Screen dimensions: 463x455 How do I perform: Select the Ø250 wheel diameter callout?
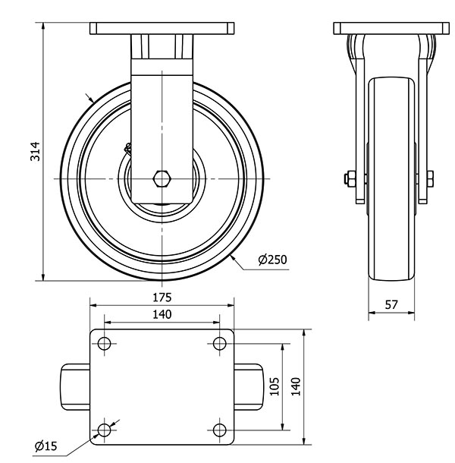coord(272,260)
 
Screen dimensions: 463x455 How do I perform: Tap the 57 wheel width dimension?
coord(391,304)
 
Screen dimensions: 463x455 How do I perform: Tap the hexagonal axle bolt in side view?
coord(162,179)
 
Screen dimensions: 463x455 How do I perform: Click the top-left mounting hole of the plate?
coord(104,344)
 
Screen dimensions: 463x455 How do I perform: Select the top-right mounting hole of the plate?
coord(220,344)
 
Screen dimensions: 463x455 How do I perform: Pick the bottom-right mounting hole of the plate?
coord(220,431)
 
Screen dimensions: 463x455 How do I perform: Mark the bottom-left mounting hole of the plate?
coord(104,431)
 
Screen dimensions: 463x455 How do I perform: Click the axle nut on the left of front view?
coord(349,179)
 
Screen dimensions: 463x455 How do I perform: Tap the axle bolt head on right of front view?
coord(430,179)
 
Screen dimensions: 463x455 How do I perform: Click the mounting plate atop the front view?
coord(391,29)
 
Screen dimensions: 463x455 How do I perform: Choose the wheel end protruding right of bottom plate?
coord(250,387)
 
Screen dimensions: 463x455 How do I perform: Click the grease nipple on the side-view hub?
coord(129,149)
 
